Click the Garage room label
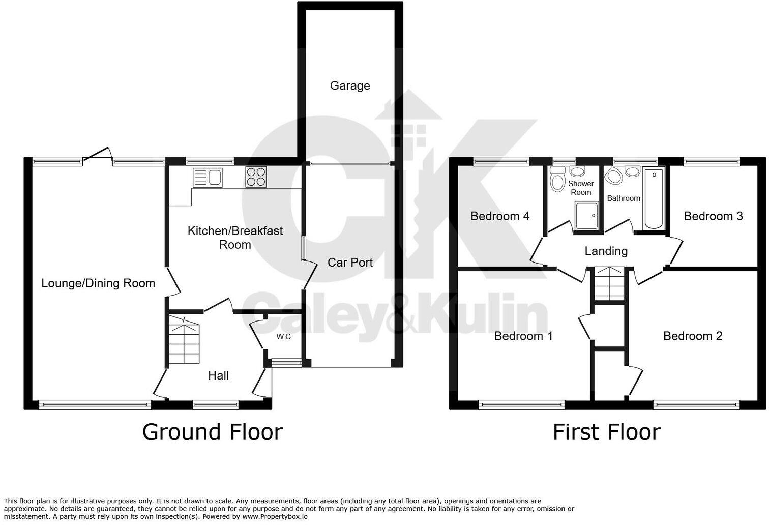point(350,85)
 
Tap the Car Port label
point(350,262)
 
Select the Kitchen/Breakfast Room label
point(235,238)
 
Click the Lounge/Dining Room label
point(98,283)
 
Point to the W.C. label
point(284,337)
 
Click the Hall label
point(218,375)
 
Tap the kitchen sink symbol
point(208,177)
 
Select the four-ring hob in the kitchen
point(256,177)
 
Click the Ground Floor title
point(212,432)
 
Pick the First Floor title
point(606,432)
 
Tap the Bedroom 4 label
point(500,216)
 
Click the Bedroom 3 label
point(713,216)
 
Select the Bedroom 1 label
point(523,336)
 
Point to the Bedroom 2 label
point(693,336)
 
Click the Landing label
point(606,251)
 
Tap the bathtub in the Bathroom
point(653,199)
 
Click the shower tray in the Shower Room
point(587,216)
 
